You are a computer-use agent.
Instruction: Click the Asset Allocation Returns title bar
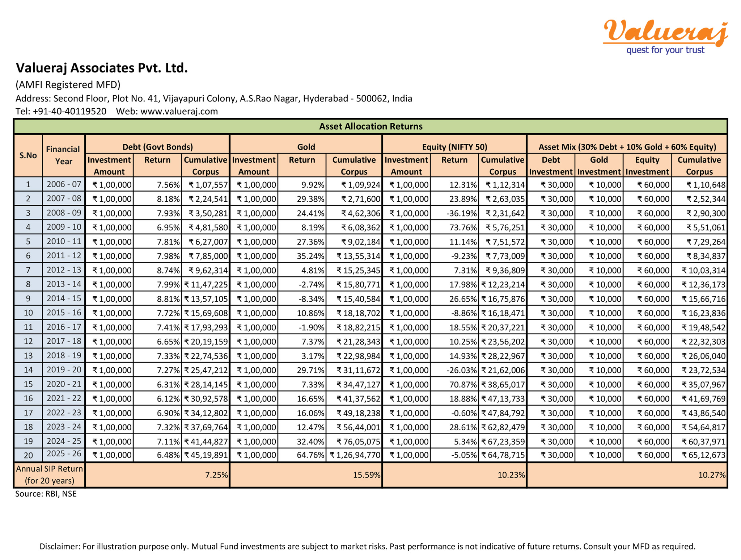tap(370, 126)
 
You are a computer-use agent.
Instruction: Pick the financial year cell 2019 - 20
tap(64, 370)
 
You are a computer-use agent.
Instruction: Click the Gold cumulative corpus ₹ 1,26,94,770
tap(355, 455)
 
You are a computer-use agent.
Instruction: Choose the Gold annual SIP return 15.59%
tap(367, 475)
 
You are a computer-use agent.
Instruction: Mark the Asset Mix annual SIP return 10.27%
tap(712, 475)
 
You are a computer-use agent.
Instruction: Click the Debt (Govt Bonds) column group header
tap(157, 147)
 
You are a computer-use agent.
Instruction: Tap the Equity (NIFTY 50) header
tap(454, 147)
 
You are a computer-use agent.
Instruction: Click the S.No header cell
tap(28, 155)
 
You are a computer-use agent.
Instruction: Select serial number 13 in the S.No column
tap(28, 356)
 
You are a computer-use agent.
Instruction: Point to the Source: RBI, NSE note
tap(46, 494)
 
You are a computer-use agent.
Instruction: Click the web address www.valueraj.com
tap(179, 111)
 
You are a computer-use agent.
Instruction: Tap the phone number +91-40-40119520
tap(69, 111)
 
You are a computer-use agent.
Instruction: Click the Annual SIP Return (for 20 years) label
tap(50, 475)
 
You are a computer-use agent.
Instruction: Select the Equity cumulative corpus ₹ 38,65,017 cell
tap(503, 384)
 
